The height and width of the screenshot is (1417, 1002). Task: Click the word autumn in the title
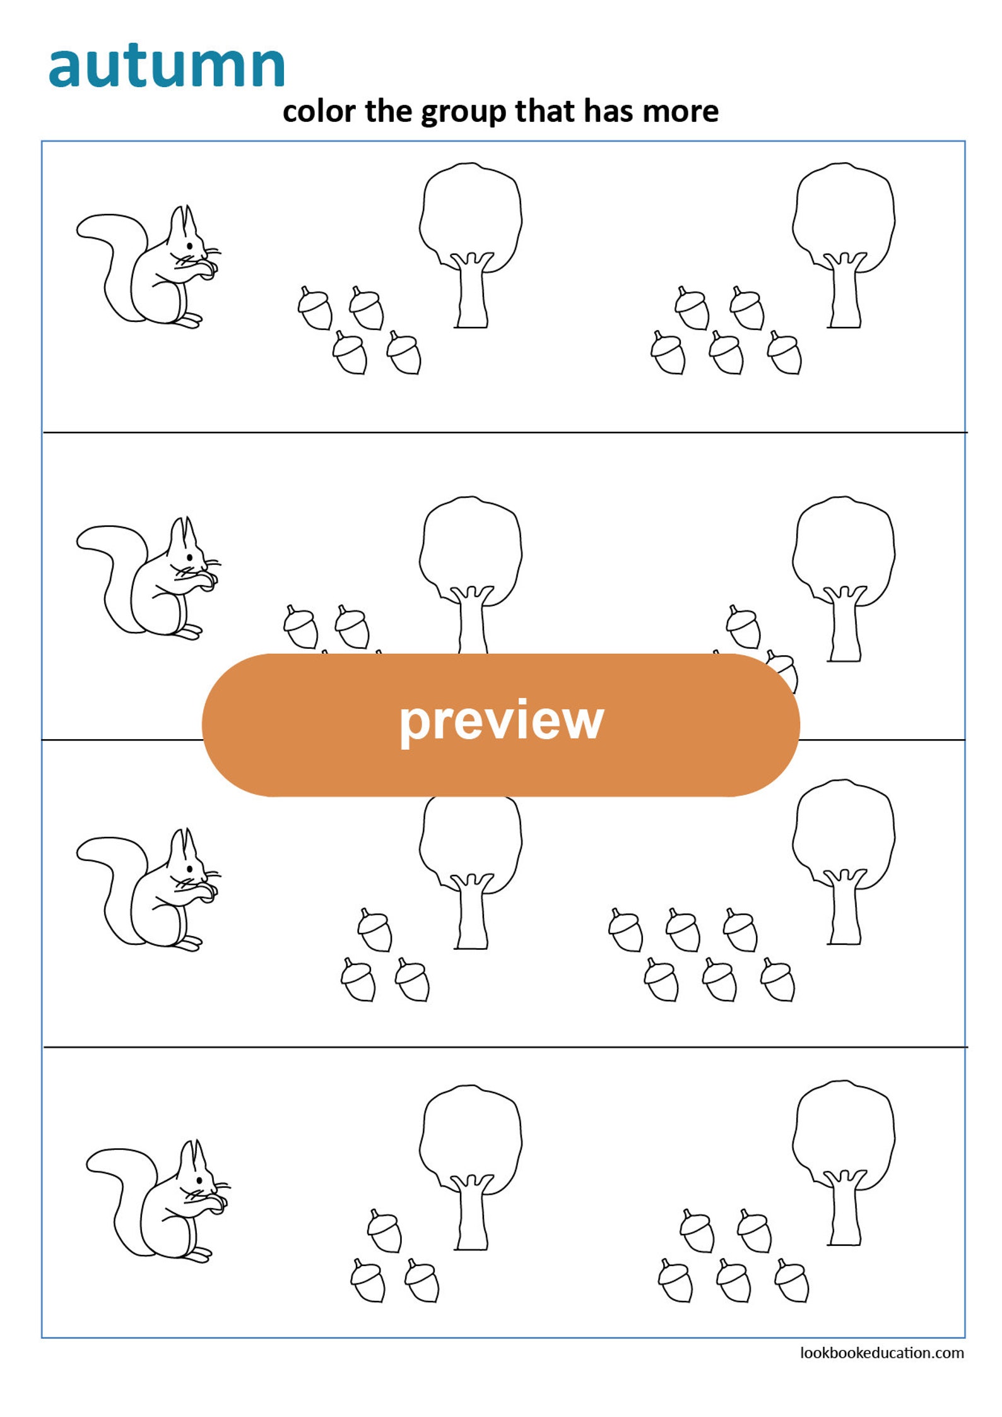click(x=167, y=66)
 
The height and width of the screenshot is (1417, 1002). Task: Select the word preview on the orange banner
click(x=501, y=721)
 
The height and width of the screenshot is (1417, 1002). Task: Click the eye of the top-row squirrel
click(x=190, y=245)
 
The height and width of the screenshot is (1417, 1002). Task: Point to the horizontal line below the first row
click(x=505, y=432)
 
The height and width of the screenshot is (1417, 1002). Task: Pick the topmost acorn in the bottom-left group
click(x=384, y=1230)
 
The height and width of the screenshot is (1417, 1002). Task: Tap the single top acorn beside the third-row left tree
click(x=375, y=930)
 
